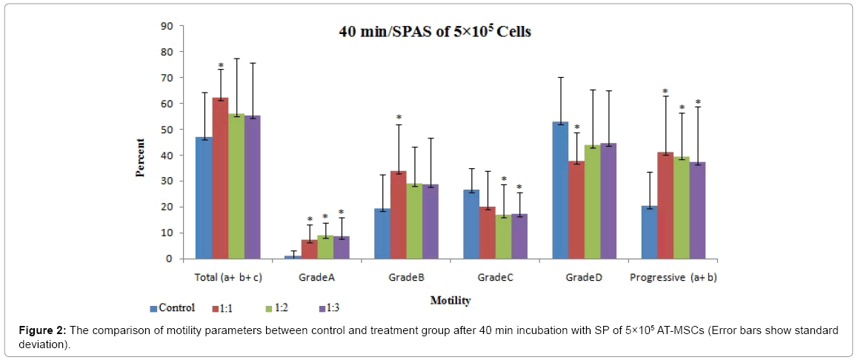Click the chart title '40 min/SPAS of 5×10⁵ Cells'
[435, 32]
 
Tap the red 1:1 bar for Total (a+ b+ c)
[219, 179]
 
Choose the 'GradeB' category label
[406, 278]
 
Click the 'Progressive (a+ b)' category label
[673, 278]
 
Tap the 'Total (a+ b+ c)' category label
[227, 278]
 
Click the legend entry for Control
[173, 308]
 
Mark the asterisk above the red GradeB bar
[399, 118]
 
